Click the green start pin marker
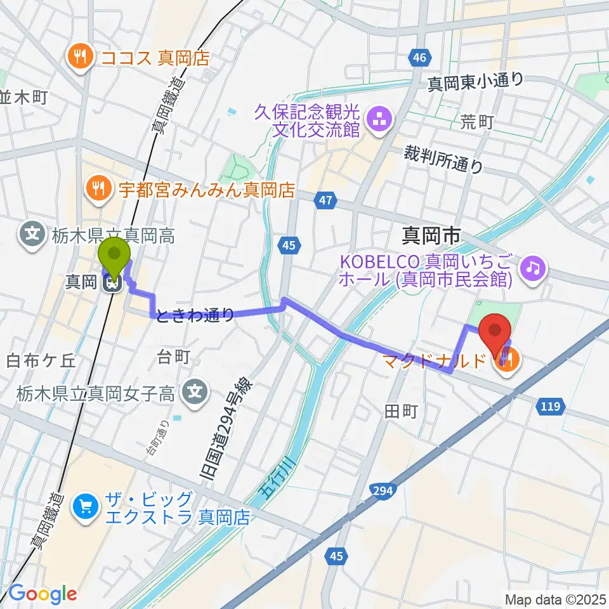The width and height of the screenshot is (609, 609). click(x=115, y=255)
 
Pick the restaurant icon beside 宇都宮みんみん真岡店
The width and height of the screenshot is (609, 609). click(x=98, y=188)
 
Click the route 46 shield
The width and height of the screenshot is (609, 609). click(x=417, y=58)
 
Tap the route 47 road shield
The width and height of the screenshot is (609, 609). click(x=324, y=201)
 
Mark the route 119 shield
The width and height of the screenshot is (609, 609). click(x=549, y=407)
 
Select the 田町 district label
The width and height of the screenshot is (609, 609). click(x=400, y=412)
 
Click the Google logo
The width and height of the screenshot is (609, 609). click(x=43, y=594)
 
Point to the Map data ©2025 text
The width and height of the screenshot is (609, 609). click(x=554, y=598)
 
